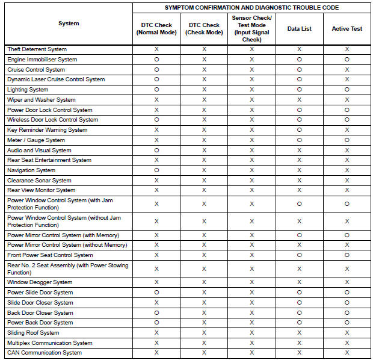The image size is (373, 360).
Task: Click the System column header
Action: tap(69, 23)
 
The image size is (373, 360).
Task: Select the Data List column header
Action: tap(299, 28)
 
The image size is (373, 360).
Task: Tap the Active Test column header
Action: tap(347, 28)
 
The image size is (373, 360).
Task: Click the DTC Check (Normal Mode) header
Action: tap(156, 28)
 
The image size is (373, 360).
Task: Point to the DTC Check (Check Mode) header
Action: tap(204, 28)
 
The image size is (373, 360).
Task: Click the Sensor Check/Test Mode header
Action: tap(251, 28)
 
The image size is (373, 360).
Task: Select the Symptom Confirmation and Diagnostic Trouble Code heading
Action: tap(251, 7)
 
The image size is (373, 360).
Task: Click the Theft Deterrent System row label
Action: tap(37, 49)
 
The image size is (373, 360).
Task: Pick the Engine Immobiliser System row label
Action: tap(42, 60)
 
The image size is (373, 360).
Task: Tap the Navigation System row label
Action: tap(31, 170)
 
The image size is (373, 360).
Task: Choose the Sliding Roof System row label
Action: tap(33, 333)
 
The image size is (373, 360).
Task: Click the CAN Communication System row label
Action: tap(45, 353)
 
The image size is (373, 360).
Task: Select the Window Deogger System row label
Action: tap(40, 282)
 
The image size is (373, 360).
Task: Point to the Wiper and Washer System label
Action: tap(42, 100)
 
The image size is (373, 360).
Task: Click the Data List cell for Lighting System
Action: tap(299, 90)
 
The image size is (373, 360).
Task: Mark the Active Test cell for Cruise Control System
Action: tap(347, 70)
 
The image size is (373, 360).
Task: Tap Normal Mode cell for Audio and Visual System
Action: tap(156, 151)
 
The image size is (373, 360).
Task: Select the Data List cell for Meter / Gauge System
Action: tap(299, 140)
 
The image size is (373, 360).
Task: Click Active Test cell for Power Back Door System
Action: tap(347, 323)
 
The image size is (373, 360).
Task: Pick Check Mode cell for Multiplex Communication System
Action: tap(204, 343)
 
